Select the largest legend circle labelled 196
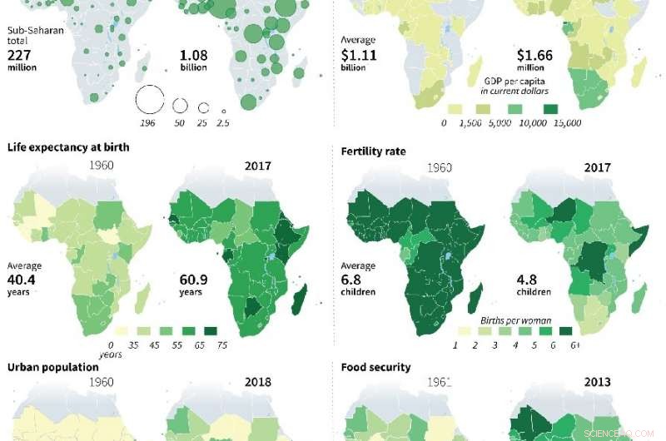tap(150, 100)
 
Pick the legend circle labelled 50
tap(180, 106)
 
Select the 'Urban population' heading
tap(49, 367)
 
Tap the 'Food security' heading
tap(375, 367)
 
